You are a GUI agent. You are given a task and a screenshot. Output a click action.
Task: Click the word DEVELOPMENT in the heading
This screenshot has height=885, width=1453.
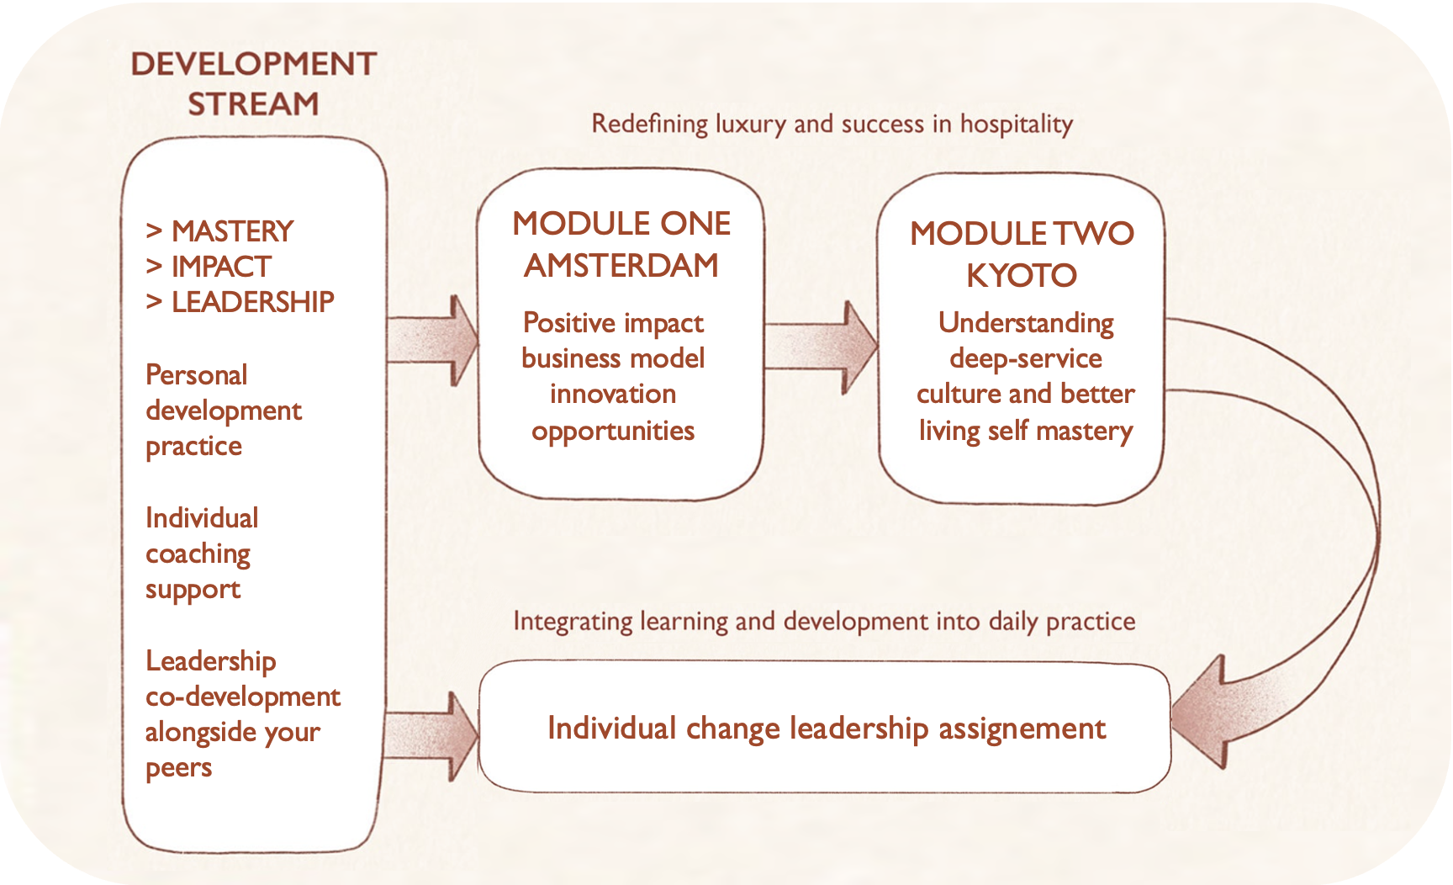(x=253, y=65)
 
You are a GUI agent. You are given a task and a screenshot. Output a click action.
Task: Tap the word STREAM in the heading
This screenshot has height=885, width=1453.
(x=253, y=104)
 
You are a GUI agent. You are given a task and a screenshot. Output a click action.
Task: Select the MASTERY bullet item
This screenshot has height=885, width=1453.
(x=232, y=231)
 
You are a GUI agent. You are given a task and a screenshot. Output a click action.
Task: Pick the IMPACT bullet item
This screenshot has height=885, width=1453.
(x=221, y=267)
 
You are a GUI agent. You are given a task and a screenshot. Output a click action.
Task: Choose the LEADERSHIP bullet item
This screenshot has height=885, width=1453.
(x=252, y=302)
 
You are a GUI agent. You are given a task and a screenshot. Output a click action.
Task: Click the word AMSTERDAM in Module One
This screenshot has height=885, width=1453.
(x=621, y=266)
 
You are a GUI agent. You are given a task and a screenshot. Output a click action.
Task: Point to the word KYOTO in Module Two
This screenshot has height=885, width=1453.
(x=1021, y=276)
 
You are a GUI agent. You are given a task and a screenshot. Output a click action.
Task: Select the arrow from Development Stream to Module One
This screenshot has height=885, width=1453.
(x=433, y=340)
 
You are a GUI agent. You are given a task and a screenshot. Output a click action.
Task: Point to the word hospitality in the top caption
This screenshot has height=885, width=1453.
(x=1016, y=125)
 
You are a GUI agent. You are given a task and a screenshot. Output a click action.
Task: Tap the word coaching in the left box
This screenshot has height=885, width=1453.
(x=198, y=554)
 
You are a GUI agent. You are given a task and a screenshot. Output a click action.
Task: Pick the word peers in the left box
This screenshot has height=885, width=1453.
(x=178, y=769)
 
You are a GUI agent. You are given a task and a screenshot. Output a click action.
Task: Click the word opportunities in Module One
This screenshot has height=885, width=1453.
(x=613, y=432)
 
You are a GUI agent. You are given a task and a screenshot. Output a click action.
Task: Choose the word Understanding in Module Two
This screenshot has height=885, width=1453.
(x=1026, y=324)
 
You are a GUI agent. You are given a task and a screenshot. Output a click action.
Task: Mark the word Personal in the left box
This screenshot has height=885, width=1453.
(x=197, y=375)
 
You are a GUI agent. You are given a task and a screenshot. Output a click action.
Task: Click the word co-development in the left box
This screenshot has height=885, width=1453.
(x=243, y=697)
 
